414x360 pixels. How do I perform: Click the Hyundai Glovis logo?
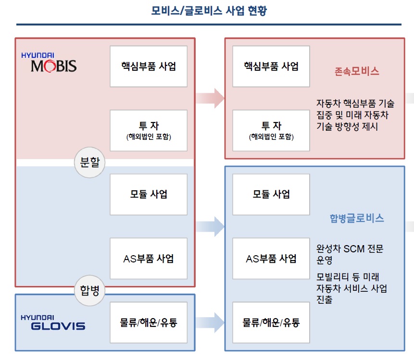pyautogui.click(x=52, y=322)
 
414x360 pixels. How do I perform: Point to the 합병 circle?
pyautogui.click(x=89, y=290)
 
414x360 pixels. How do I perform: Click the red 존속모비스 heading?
pyautogui.click(x=356, y=72)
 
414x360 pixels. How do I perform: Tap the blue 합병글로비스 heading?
pyautogui.click(x=356, y=218)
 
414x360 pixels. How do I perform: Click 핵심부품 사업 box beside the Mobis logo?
pyautogui.click(x=149, y=66)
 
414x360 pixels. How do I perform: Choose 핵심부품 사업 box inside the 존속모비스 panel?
pyautogui.click(x=271, y=66)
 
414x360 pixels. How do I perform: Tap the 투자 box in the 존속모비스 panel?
pyautogui.click(x=271, y=130)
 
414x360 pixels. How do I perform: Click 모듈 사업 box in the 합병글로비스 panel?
pyautogui.click(x=271, y=194)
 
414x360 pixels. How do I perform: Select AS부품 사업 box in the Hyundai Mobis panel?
pyautogui.click(x=149, y=258)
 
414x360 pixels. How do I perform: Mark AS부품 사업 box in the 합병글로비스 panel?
pyautogui.click(x=271, y=258)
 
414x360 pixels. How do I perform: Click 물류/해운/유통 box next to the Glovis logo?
pyautogui.click(x=149, y=322)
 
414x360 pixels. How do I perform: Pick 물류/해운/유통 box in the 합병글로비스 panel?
pyautogui.click(x=271, y=322)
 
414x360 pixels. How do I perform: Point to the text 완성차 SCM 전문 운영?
pyautogui.click(x=350, y=255)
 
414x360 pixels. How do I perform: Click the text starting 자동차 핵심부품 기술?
pyautogui.click(x=355, y=115)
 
